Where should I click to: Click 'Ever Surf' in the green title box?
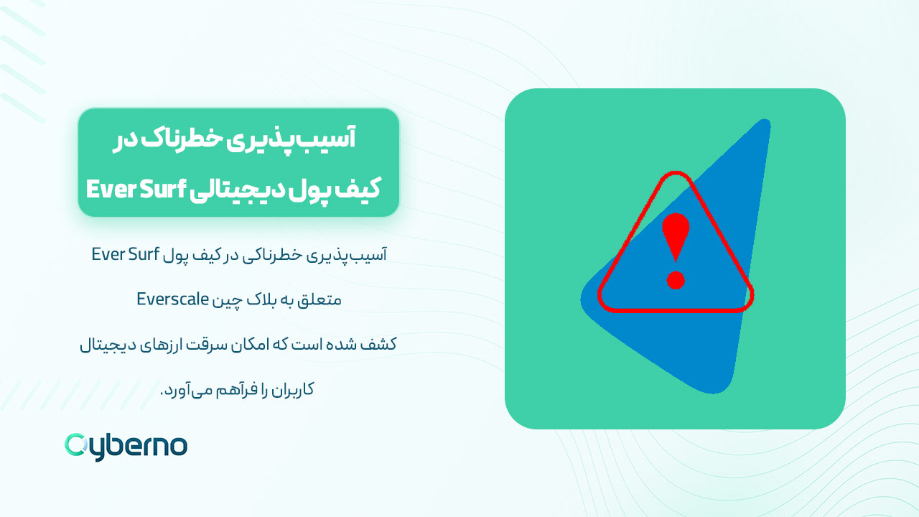136,190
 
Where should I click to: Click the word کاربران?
294,390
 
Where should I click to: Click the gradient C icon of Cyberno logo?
75,445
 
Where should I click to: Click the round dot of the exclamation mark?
675,279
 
